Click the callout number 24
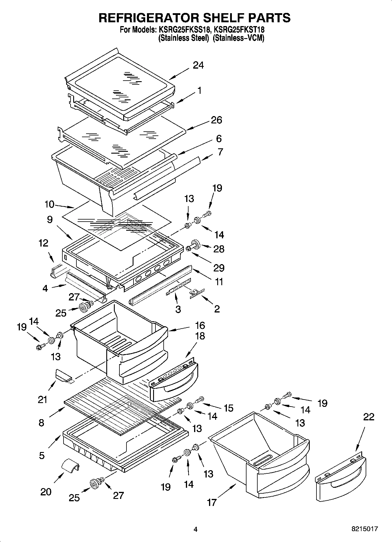tap(198, 65)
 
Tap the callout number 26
tap(216, 120)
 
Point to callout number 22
tap(368, 417)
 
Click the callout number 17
tap(211, 502)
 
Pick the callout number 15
tap(228, 408)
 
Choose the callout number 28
tap(219, 249)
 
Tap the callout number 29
tap(219, 268)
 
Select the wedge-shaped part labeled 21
tap(63, 376)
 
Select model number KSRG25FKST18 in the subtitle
tap(239, 30)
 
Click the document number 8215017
tap(364, 529)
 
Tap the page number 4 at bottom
tap(196, 529)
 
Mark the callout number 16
tap(200, 325)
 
